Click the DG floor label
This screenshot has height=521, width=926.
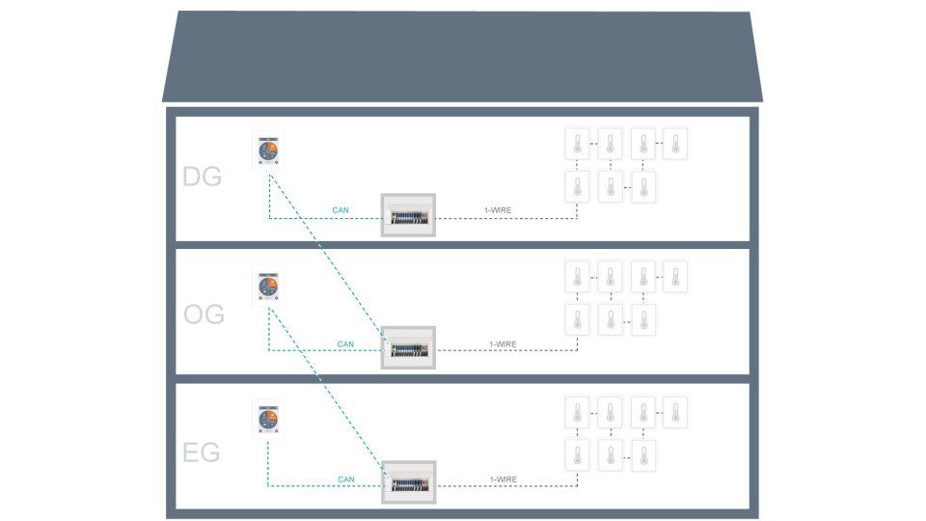tap(202, 178)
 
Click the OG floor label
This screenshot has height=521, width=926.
tap(204, 315)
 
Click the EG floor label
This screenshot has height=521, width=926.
tap(202, 452)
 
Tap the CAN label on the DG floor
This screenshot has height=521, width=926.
tap(340, 209)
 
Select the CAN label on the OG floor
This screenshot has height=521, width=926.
tap(345, 343)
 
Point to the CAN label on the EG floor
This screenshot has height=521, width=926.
tap(345, 479)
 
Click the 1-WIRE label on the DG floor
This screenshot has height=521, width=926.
tap(498, 209)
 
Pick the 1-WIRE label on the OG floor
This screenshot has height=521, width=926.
tap(503, 343)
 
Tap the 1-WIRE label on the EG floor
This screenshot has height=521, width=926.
tap(503, 479)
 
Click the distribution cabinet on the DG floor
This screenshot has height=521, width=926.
tap(409, 214)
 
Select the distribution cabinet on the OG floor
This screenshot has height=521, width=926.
tap(409, 348)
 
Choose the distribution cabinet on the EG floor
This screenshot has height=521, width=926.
tap(409, 482)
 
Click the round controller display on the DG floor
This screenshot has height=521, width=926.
tap(268, 151)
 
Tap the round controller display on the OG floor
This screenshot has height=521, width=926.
tap(268, 287)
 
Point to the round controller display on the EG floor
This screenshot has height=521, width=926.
tap(268, 421)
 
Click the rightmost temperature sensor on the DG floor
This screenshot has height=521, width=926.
tap(675, 144)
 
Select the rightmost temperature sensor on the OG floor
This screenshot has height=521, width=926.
tap(675, 277)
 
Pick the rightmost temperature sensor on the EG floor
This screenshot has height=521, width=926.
tap(675, 412)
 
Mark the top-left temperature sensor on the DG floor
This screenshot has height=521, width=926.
tap(577, 144)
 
